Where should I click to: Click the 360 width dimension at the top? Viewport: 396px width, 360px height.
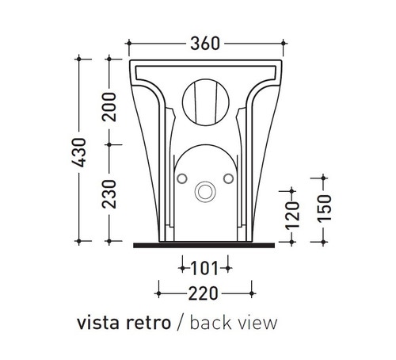click(204, 43)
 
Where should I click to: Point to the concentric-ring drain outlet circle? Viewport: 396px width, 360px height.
click(205, 191)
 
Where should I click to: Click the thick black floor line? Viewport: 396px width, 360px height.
click(204, 244)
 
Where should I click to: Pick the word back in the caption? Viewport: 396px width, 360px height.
click(208, 324)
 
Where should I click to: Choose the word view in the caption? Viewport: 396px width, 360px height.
click(255, 324)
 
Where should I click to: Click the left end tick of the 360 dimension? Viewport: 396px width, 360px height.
click(128, 43)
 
